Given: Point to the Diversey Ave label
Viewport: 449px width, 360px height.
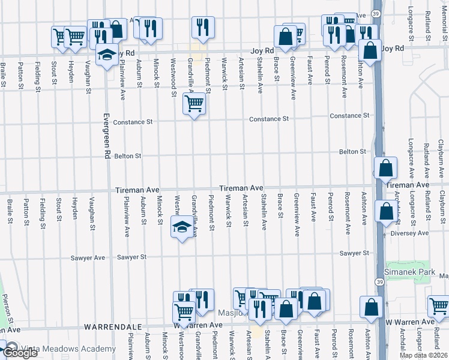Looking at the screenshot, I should pos(410,233).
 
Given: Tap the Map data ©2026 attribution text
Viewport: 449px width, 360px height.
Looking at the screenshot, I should pos(424,355).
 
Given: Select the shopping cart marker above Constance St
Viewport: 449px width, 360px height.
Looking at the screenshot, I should pos(194,104).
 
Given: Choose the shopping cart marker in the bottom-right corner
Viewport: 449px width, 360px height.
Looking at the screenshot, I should pos(439,305).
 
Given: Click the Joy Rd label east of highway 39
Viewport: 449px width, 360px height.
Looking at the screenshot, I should pos(393,48).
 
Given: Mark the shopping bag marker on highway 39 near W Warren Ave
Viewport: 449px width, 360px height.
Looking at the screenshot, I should pos(372,306).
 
